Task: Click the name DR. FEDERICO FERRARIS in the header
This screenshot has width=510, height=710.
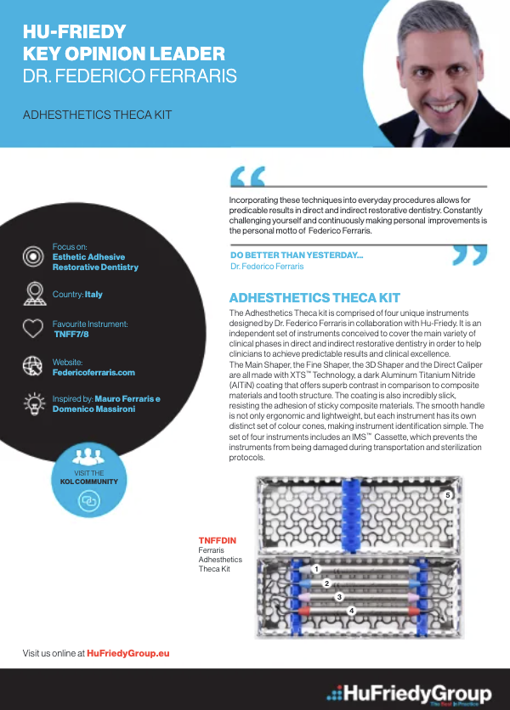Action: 129,76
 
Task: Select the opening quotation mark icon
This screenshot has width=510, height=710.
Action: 247,176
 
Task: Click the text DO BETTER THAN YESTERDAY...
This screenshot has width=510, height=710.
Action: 297,256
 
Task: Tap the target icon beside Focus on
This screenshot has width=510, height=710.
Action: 32,256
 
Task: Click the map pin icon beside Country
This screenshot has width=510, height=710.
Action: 32,295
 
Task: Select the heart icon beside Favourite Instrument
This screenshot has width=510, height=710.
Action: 32,329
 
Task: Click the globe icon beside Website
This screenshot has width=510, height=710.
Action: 32,366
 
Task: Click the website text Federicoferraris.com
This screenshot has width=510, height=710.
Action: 93,372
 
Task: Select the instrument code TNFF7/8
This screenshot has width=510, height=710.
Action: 72,335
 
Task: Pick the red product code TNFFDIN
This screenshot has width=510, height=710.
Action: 217,540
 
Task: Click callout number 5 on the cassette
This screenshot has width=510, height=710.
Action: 448,494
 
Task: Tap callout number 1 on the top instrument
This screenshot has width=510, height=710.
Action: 315,569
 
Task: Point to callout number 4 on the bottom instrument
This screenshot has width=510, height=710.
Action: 351,610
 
